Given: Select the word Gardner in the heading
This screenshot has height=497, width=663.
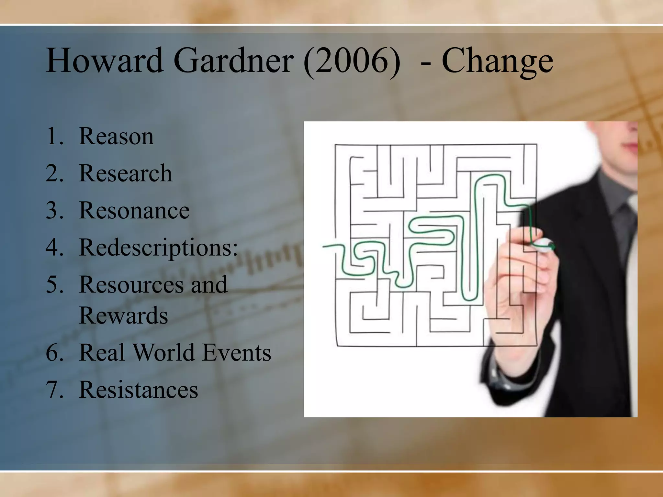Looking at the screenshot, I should tap(233, 61).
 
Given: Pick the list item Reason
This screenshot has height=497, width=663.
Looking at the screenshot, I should tap(116, 136).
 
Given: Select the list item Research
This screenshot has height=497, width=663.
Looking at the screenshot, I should tap(125, 173).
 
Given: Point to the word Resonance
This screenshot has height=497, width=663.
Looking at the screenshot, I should tap(134, 210).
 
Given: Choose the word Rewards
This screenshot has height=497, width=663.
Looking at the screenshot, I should tap(123, 315).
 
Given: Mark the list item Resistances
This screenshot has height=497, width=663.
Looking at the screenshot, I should tap(138, 390).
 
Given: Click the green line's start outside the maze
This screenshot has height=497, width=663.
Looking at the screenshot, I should tap(325, 247).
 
